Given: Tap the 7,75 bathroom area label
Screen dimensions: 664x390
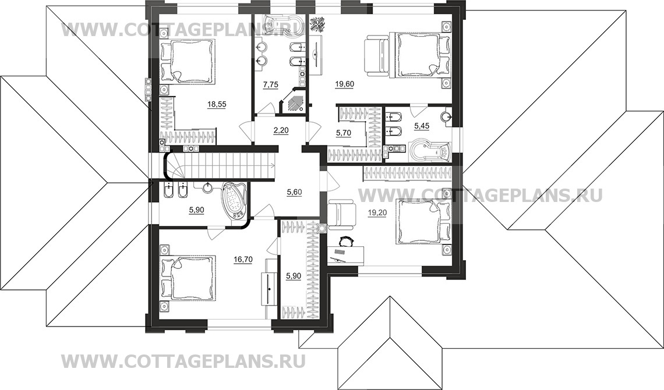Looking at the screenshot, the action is pos(270,84).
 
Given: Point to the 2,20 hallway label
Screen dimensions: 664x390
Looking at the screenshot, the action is pos(281,131).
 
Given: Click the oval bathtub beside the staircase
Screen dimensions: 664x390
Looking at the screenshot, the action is pos(234,200).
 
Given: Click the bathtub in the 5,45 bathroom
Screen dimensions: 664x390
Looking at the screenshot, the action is pos(430,150).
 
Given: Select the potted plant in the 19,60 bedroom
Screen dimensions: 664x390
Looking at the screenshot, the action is pos(318,24).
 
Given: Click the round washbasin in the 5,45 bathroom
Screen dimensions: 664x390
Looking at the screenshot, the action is pos(447,117).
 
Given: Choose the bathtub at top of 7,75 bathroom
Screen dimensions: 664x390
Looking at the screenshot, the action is pos(279,23).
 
